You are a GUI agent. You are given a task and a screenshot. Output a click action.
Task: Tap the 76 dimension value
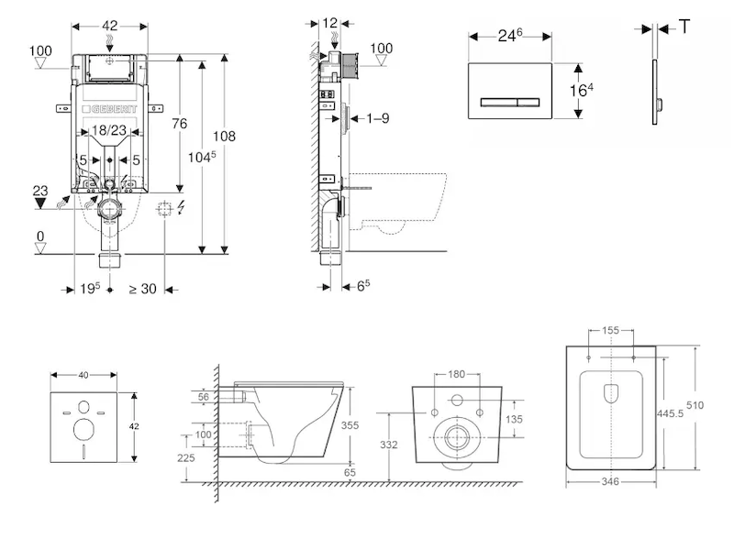pos(180,124)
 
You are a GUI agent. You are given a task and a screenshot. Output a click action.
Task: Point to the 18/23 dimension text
pos(110,131)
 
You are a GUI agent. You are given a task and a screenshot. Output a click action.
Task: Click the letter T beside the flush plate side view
pos(684,27)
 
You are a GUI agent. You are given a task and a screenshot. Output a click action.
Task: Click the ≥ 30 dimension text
pos(142,289)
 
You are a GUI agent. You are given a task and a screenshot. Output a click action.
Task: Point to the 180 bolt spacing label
pos(457,375)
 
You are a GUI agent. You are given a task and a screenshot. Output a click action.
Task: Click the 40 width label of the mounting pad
pos(84,374)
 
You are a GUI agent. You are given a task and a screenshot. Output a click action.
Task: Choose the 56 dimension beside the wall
pos(204,397)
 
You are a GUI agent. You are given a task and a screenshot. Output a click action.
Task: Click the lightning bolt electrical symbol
pos(182,207)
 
